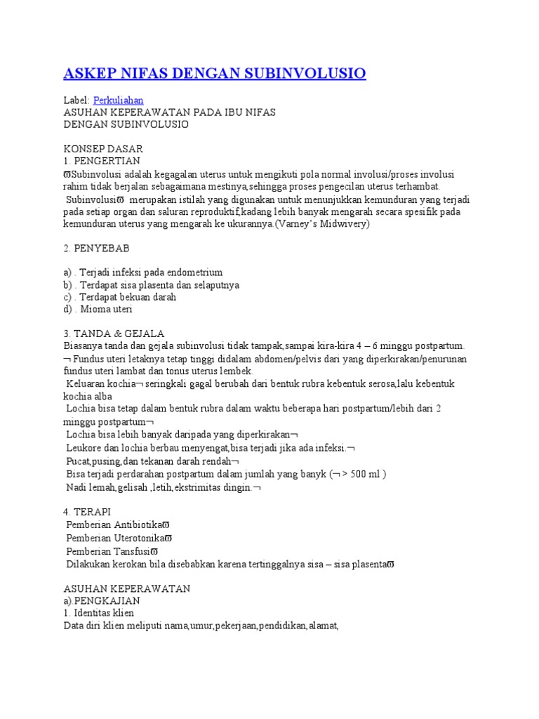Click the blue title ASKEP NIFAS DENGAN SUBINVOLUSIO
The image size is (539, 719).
point(215,74)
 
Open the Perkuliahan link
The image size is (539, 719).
point(118,100)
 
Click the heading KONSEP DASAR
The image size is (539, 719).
point(103,149)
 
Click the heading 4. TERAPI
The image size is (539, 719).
point(87,511)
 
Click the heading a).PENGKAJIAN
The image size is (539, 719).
point(101,601)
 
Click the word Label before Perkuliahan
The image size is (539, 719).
point(76,100)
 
